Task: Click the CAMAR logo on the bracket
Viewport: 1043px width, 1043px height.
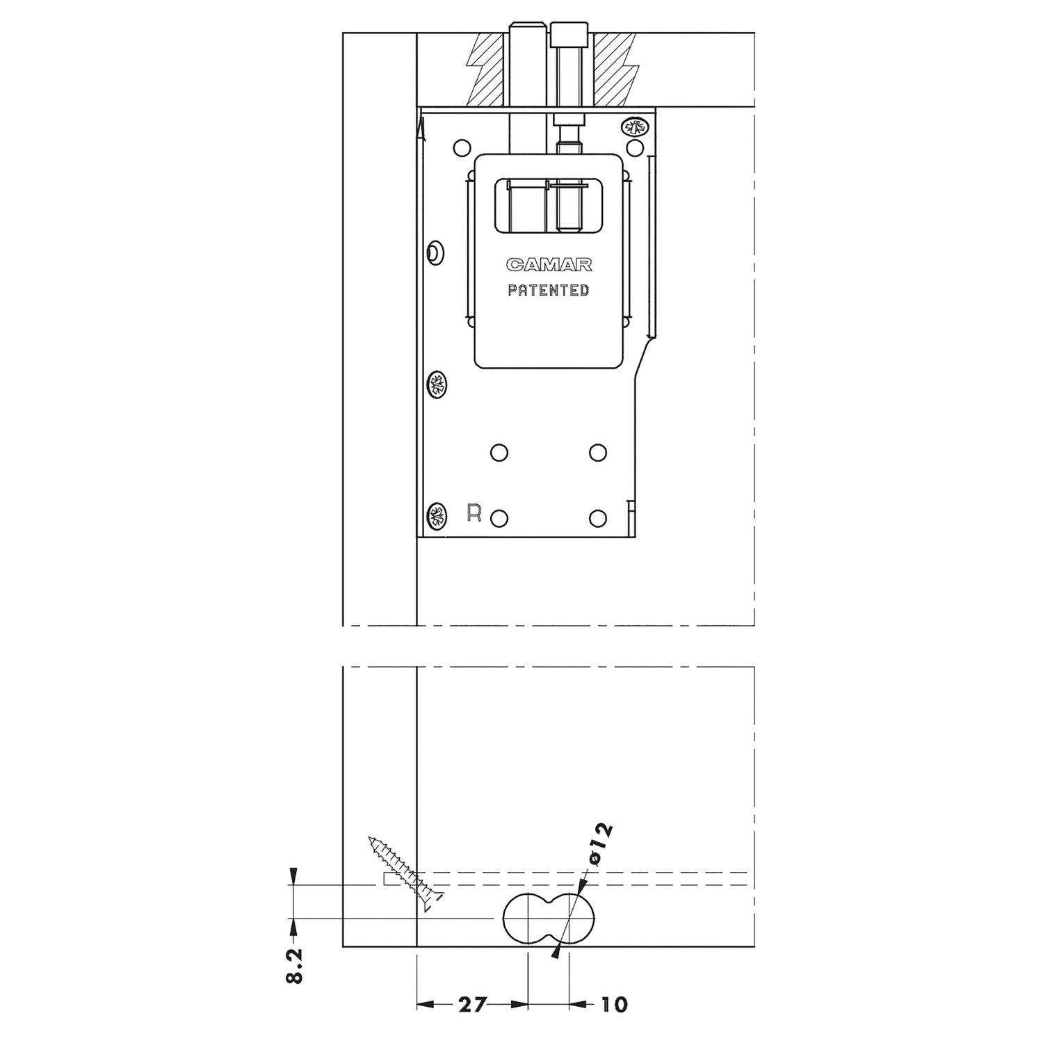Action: click(549, 265)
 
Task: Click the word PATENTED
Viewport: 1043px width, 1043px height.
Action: click(549, 291)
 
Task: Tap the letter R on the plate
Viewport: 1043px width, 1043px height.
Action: click(474, 513)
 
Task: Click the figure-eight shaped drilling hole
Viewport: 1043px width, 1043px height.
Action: click(549, 918)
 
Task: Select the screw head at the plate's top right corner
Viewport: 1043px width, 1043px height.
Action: click(635, 127)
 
